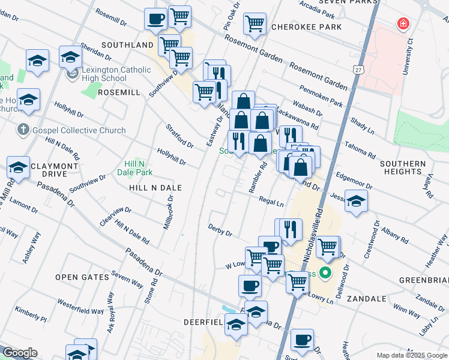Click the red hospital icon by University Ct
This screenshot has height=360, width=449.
click(403, 24)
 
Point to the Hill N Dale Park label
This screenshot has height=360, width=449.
click(138, 167)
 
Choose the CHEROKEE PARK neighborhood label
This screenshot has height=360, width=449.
click(306, 27)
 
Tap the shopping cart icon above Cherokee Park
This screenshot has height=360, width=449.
click(255, 24)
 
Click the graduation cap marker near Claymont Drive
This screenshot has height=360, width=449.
click(18, 167)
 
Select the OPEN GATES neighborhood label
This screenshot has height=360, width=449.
click(82, 277)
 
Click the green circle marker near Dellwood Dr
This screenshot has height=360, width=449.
click(325, 274)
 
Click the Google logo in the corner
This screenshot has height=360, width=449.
click(19, 353)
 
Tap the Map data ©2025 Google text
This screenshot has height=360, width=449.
click(411, 355)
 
